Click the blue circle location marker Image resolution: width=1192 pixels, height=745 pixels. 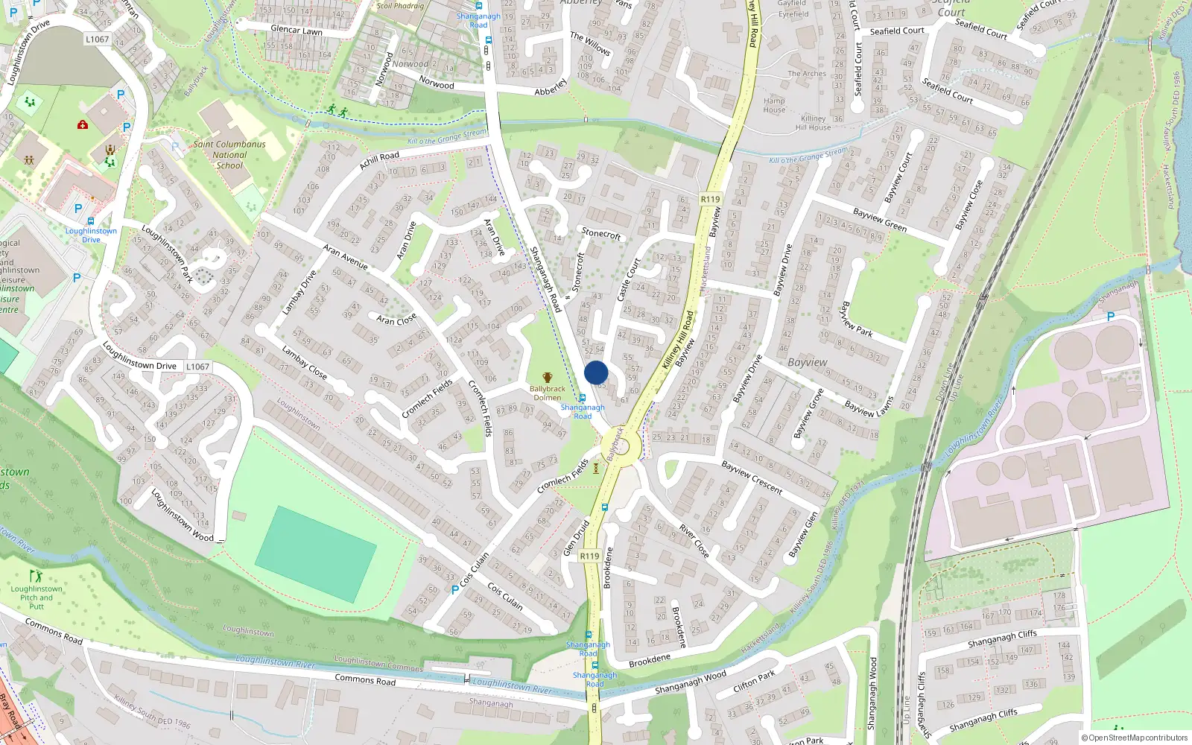[596, 372]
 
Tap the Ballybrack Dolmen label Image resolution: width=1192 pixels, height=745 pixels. [548, 393]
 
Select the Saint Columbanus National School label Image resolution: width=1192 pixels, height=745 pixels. [229, 155]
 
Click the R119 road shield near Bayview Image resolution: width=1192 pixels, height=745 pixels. [710, 199]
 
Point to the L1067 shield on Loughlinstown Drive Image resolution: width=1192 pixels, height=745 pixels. [197, 367]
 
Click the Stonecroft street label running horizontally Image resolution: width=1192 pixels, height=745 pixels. [601, 233]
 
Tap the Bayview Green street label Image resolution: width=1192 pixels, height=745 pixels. [880, 220]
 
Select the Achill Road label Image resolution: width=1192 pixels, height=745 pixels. [379, 160]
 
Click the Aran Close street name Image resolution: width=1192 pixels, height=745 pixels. [396, 320]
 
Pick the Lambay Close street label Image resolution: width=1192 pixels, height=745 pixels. [304, 361]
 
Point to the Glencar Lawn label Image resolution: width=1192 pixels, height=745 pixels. [297, 30]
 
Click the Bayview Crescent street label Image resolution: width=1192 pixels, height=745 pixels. [752, 478]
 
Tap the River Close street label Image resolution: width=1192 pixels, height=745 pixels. [694, 541]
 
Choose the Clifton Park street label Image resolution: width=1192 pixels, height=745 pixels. [754, 681]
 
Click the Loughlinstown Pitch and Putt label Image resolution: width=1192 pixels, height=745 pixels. [37, 597]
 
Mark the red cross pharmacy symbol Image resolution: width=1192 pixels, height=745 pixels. [83, 124]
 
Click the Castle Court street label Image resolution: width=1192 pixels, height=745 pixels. [629, 279]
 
